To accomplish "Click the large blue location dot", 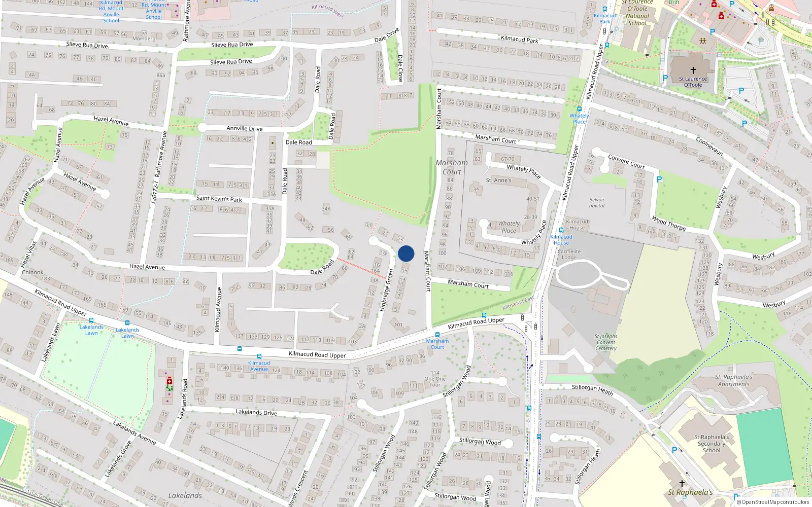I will point(406,253).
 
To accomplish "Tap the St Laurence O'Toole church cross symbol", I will point(693,70).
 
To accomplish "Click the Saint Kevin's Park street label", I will point(219,199).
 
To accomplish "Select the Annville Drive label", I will point(244,129).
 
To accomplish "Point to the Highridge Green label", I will point(387,291).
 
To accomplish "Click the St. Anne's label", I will point(498,180).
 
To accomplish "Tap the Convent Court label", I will point(626,162).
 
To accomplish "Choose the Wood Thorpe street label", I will point(668,224).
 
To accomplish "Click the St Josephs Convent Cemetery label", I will point(606,342).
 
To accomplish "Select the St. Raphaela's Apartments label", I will point(733,380).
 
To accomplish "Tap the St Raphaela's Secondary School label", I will point(712,443).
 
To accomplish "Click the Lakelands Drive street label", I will point(256,412).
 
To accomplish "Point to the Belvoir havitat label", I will point(597,203).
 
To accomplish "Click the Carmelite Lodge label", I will point(569,254).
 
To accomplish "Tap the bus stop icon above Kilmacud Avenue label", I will point(259,356).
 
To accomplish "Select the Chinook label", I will point(32,272).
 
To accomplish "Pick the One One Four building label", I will point(435,379).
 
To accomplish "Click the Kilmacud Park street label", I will point(519,39).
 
